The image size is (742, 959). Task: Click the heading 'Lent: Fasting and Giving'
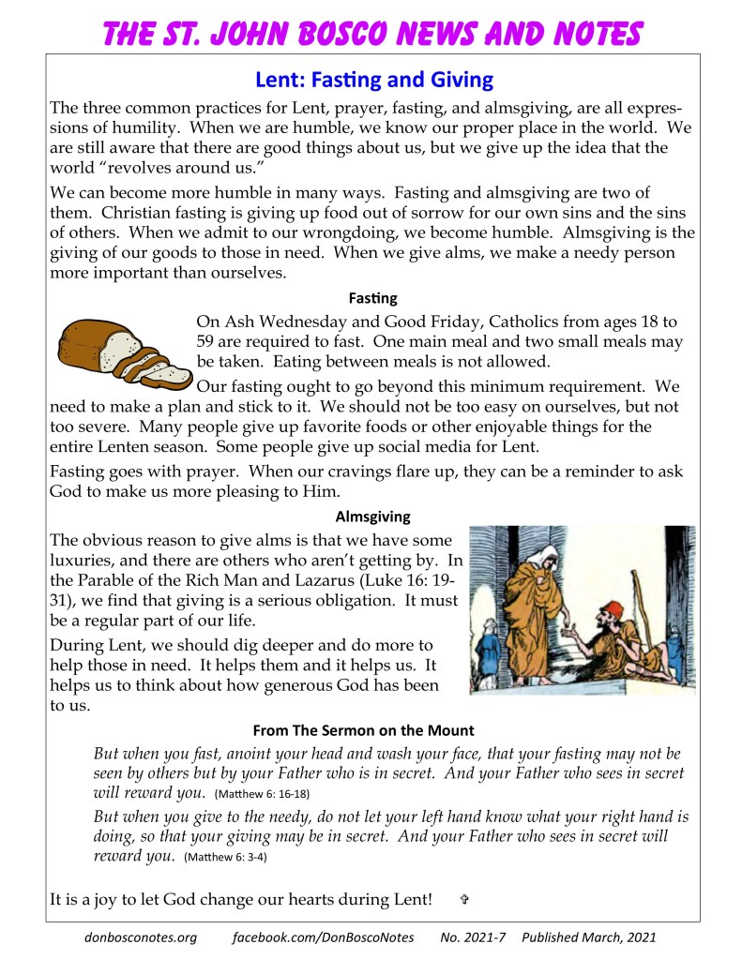(x=373, y=81)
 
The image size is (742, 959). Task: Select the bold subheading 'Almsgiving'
(x=372, y=516)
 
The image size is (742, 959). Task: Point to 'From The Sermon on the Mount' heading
(x=376, y=730)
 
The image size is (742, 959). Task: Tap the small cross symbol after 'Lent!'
(x=464, y=900)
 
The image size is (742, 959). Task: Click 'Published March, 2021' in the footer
(x=588, y=937)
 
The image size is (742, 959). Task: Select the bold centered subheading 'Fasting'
(x=372, y=298)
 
